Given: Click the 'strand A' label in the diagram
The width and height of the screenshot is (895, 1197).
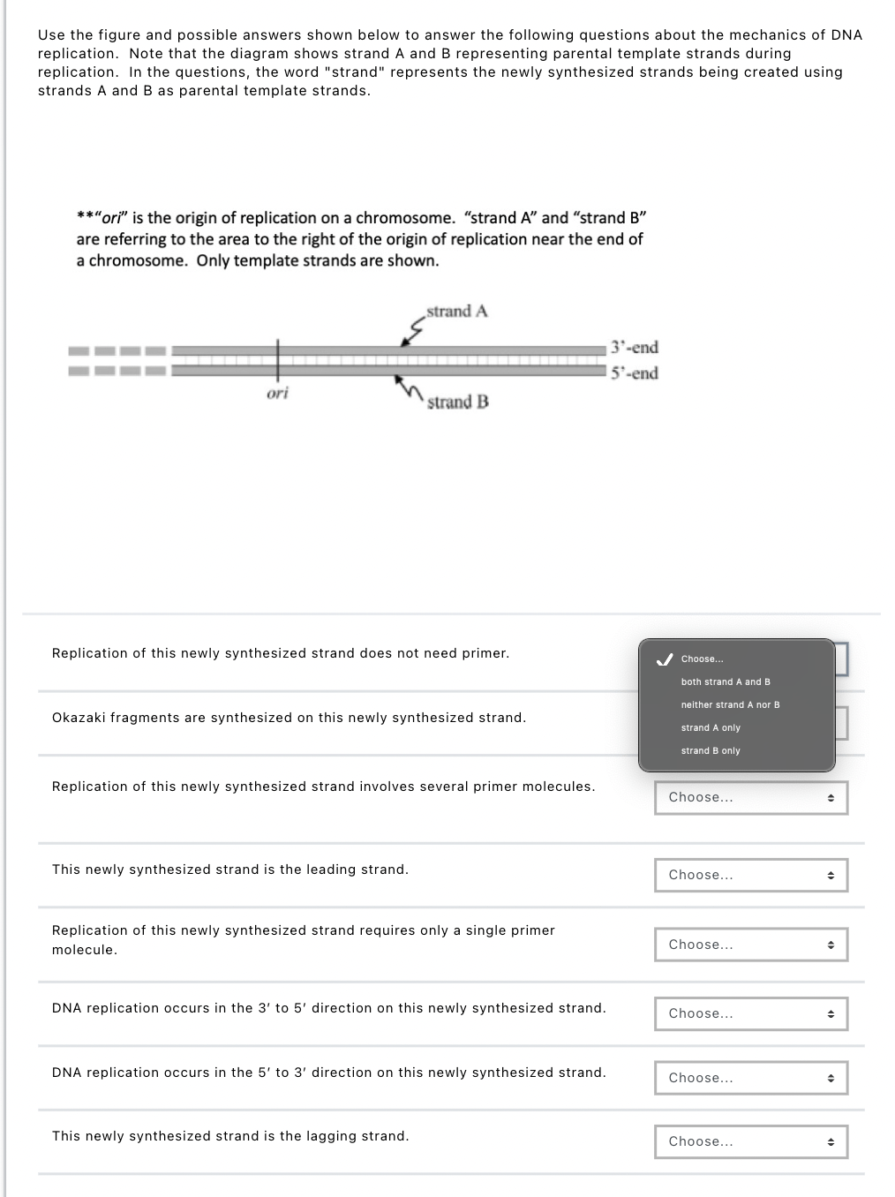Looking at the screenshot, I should (x=456, y=312).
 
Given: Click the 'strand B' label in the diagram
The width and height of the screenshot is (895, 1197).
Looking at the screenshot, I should (x=457, y=403).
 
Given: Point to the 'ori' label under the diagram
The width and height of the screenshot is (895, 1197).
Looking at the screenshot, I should (x=277, y=394).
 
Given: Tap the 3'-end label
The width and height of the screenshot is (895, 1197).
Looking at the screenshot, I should (x=635, y=348).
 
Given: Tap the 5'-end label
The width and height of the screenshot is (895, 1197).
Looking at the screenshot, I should (x=635, y=373).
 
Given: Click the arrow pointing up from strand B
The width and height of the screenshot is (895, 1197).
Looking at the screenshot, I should (x=407, y=388).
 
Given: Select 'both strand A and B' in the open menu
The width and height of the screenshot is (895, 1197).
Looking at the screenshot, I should (x=726, y=682).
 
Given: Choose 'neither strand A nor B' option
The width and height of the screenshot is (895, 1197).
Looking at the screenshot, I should (x=730, y=705).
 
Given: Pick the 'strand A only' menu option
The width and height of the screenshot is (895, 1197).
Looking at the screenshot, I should (x=711, y=728).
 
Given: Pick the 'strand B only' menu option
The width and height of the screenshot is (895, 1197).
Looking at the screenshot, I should (x=711, y=751).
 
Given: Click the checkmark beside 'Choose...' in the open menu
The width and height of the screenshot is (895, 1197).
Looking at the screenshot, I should (x=666, y=659).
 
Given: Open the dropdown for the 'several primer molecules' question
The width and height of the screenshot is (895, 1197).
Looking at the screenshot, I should (x=750, y=798).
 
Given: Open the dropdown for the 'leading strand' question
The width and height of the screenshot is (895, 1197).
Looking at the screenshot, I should (x=750, y=876).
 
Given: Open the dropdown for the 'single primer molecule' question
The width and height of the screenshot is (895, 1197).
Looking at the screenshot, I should (x=750, y=945).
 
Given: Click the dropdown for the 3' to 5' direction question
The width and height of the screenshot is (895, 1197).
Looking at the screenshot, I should (x=750, y=1014).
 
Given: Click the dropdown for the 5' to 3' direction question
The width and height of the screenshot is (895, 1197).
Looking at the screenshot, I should (x=750, y=1079).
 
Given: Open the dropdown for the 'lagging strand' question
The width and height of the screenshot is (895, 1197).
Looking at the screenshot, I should (x=750, y=1142).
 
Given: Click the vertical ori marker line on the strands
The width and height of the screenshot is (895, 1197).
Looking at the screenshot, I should (x=277, y=360).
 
